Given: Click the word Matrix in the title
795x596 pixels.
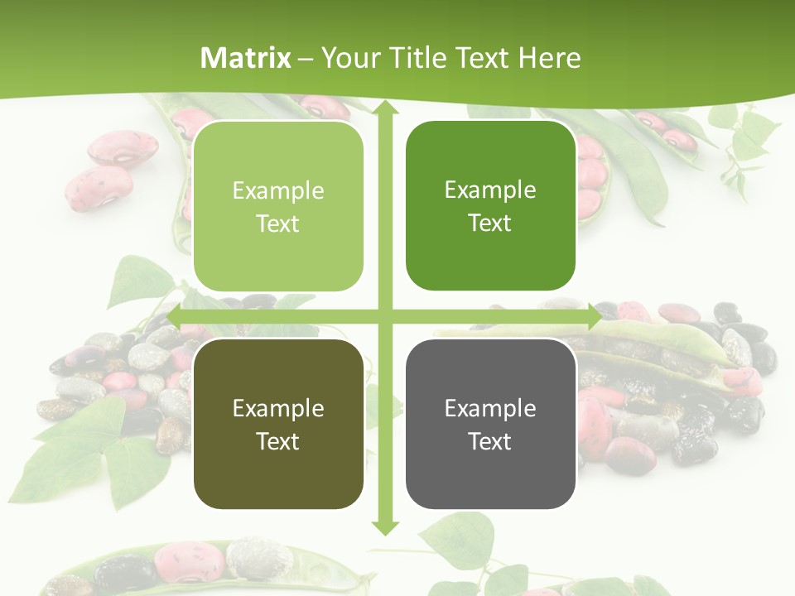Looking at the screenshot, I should point(246,58).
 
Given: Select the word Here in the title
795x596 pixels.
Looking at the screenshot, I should point(549,58).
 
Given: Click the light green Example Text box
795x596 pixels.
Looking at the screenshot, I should point(278,207).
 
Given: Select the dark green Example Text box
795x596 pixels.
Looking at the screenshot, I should point(490,206).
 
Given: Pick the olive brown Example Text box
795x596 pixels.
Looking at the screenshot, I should point(278,424).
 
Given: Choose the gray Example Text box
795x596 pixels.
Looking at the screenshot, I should point(490,424).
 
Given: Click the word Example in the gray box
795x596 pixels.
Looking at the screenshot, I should point(490,408).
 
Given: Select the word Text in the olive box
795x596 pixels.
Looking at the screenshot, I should point(278,441).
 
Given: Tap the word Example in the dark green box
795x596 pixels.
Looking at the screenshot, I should point(490,190).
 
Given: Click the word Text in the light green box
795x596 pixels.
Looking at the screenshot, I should point(278,223).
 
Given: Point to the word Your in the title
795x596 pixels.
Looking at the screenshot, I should point(348,58).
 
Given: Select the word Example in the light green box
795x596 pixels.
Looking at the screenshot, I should point(278,191).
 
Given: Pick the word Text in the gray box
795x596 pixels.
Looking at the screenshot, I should point(490,441).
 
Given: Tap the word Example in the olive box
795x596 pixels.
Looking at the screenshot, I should point(278,408).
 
